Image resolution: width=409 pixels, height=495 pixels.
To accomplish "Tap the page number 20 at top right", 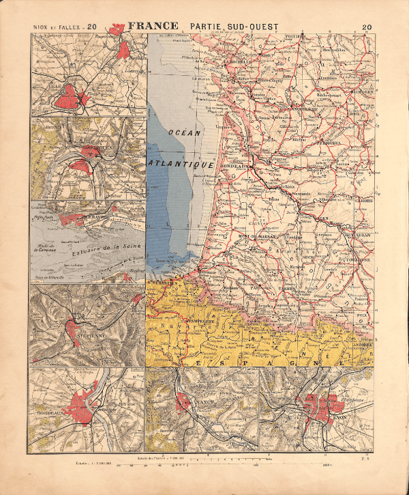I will [x=367, y=27].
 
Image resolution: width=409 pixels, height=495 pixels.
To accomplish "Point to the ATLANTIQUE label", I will [x=183, y=165].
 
